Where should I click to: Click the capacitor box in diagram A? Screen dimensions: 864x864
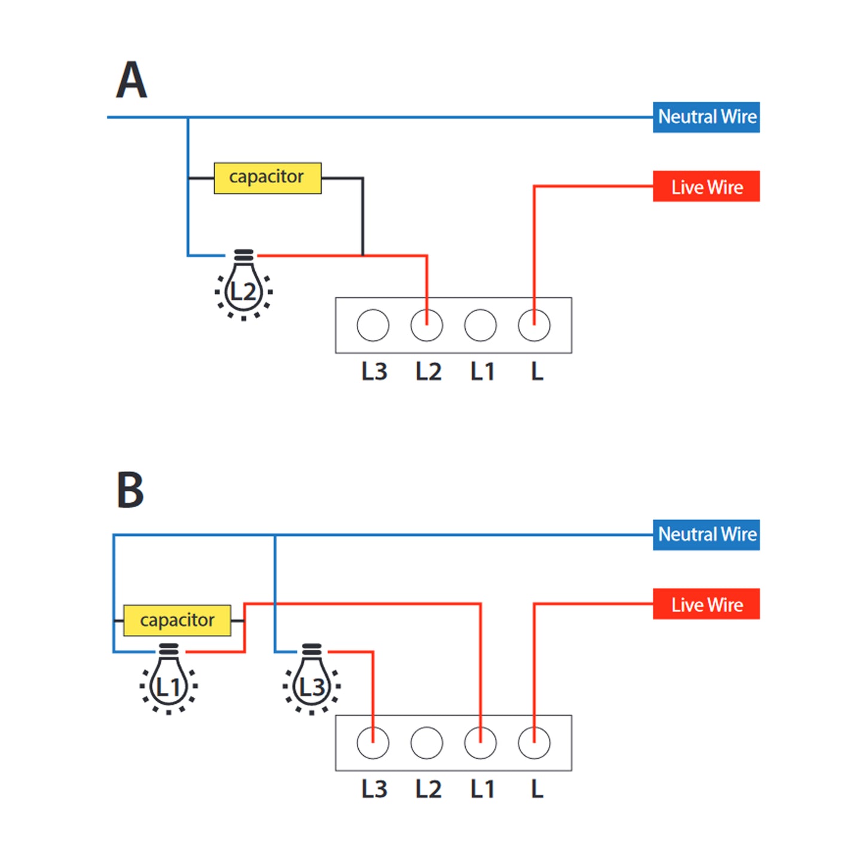tap(267, 178)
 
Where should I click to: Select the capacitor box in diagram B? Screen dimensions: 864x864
tap(177, 620)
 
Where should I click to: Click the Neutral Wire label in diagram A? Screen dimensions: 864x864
tap(706, 117)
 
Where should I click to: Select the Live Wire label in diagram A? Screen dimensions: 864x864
tap(706, 187)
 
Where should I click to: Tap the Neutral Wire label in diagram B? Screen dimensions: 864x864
tap(706, 535)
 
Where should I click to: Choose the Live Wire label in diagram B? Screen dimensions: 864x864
tap(706, 604)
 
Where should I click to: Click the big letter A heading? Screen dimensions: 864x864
tap(132, 80)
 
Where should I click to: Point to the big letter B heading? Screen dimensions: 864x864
tap(130, 490)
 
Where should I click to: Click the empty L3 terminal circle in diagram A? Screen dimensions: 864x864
tap(373, 325)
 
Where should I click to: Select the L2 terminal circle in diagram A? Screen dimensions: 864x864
tap(427, 325)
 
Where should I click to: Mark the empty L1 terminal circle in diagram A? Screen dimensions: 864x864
tap(480, 325)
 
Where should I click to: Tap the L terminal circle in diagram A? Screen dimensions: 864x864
tap(534, 325)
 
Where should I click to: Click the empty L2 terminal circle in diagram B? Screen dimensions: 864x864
tap(427, 743)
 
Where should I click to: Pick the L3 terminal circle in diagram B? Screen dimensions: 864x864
tap(373, 743)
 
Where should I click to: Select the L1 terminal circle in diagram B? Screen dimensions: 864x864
tap(480, 743)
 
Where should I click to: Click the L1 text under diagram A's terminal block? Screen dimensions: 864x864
tap(482, 372)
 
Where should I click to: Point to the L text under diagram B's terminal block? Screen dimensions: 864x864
tap(537, 789)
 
